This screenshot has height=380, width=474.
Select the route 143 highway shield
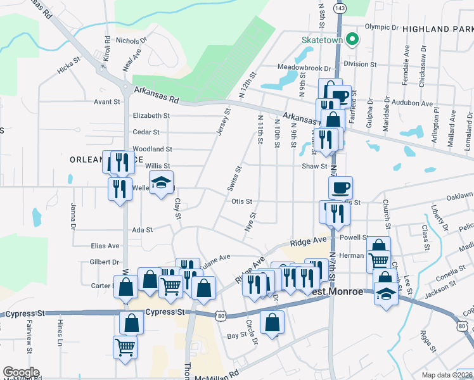tap(341, 8)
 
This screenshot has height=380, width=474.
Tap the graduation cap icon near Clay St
tap(162, 182)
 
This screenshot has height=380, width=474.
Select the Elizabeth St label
tap(151, 116)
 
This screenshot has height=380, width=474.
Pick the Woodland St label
tap(152, 149)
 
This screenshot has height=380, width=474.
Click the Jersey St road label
tap(227, 120)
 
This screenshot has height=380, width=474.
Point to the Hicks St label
tap(68, 67)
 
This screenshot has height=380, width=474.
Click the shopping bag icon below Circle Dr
tap(272, 323)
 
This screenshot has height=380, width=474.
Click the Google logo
tap(21, 372)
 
